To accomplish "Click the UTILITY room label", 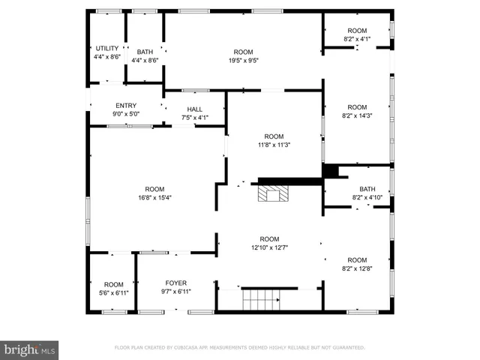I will point(106,48).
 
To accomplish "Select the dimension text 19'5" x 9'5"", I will point(244,61).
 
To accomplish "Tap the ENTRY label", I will point(126,105).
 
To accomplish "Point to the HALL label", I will point(194,109).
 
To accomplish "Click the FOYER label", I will point(176,283).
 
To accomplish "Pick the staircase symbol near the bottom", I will point(260,299).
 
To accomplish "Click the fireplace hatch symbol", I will point(271,194).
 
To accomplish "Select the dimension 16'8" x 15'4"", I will point(154,198).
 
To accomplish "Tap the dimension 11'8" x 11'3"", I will point(274,145).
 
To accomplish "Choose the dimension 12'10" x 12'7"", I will point(269,247).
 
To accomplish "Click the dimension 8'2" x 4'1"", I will point(357,39).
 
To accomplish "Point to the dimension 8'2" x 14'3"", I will point(357,115).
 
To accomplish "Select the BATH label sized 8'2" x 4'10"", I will point(367,189).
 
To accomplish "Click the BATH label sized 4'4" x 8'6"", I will point(145,52).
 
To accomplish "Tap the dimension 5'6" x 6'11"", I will point(113,292).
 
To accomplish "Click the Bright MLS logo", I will point(29,349).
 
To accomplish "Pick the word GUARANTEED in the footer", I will point(348,348).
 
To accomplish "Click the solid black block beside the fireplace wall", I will point(329,171).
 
